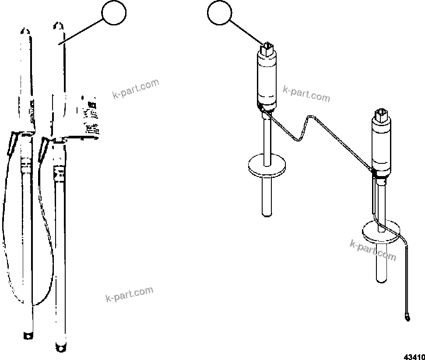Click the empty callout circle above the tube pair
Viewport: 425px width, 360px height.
click(114, 14)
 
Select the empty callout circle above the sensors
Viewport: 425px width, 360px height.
click(220, 14)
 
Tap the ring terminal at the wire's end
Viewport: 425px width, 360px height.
click(408, 316)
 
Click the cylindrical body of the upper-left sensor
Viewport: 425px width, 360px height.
click(266, 79)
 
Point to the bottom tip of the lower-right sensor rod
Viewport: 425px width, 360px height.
click(381, 279)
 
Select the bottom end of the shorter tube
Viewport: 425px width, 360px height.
click(27, 335)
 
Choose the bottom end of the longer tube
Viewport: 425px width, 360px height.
click(62, 347)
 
